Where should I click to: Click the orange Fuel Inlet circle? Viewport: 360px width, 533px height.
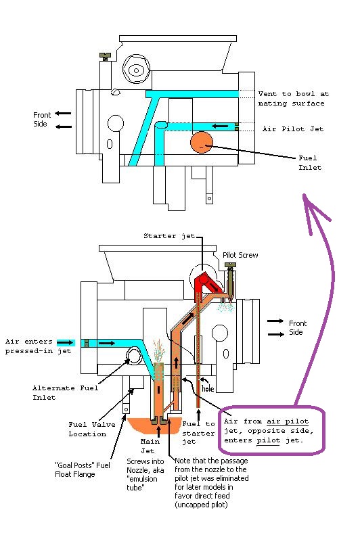click(201, 142)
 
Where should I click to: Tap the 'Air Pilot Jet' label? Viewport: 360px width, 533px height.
click(293, 129)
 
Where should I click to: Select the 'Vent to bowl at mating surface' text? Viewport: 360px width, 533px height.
click(293, 99)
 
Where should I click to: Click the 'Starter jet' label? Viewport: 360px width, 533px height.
click(169, 236)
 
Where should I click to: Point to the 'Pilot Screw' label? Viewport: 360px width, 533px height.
click(240, 255)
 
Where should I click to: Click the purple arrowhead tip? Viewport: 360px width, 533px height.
click(305, 195)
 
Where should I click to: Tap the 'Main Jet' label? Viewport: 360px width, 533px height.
click(150, 446)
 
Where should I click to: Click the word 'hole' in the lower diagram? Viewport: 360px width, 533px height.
click(208, 388)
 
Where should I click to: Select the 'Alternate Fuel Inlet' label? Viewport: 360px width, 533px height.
click(65, 392)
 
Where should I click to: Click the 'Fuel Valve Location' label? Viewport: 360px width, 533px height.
click(87, 429)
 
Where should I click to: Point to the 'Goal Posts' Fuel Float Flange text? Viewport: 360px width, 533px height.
click(83, 469)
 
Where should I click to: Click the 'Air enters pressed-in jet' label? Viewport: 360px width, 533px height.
click(38, 346)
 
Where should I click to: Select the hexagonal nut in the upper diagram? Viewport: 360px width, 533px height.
click(136, 70)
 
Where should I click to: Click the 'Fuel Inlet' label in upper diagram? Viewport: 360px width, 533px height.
click(310, 162)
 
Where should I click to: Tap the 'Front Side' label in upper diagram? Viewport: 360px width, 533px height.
click(42, 119)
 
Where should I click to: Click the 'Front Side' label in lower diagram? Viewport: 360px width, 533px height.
click(298, 327)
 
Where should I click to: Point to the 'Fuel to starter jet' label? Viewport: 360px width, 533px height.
click(198, 433)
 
